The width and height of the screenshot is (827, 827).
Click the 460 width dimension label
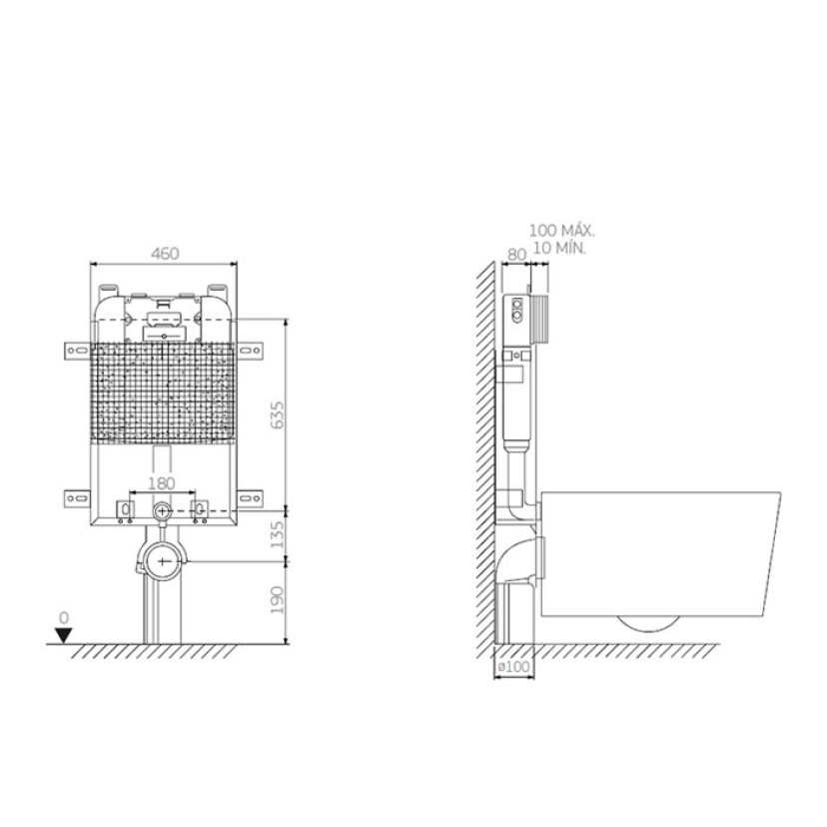[x=165, y=254]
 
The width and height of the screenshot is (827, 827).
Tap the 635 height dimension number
[x=277, y=415]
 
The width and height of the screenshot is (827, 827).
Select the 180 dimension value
[x=162, y=483]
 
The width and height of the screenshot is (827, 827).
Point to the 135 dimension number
[x=277, y=534]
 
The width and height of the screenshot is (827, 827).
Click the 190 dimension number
[x=277, y=599]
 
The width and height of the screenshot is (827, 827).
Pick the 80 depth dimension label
[x=517, y=255]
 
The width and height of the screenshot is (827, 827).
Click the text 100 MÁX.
[x=562, y=231]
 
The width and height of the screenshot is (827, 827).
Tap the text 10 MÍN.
[x=559, y=248]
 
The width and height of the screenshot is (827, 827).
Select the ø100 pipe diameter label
[x=513, y=666]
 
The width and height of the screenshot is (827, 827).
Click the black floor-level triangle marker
[x=64, y=635]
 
